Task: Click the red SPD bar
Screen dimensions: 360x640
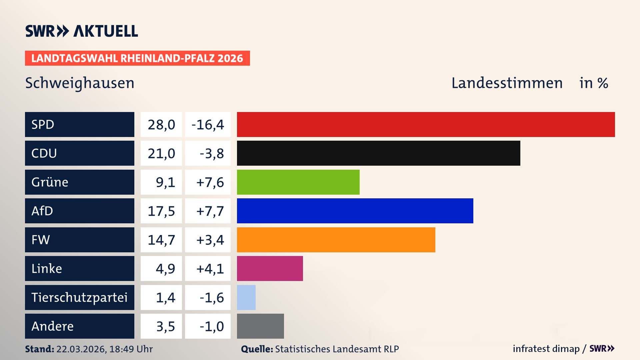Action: coord(426,124)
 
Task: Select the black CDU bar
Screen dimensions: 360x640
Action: coord(378,153)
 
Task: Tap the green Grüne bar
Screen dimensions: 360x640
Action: coord(298,182)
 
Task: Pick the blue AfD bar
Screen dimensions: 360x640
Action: coord(355,211)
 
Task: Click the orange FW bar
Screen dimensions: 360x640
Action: coord(336,240)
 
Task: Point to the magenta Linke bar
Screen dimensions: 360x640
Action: coord(270,268)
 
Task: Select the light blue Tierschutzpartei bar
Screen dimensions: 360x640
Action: coord(246,297)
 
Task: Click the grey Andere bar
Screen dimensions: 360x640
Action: coord(260,326)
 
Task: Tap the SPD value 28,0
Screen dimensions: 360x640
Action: coord(161,125)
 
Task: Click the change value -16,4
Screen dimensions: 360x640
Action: coord(208,125)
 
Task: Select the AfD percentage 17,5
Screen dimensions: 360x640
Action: coord(161,211)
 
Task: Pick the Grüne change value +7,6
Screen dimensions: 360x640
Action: coord(210,182)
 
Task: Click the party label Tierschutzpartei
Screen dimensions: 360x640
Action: coord(79,297)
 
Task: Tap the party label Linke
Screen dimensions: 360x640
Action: coord(47,269)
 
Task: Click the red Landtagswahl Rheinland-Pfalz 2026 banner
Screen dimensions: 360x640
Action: coord(137,58)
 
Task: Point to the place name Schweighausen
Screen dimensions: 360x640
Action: coord(80,83)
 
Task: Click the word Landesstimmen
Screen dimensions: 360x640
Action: coord(507,83)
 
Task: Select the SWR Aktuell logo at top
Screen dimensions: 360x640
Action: coord(82,31)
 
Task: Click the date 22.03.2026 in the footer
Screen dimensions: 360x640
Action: coord(81,349)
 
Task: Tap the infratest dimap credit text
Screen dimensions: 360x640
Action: coord(546,349)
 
